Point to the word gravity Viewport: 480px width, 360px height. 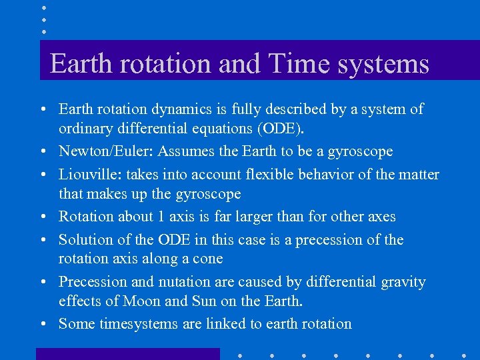[403, 282]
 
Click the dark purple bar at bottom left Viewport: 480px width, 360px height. [127, 353]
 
